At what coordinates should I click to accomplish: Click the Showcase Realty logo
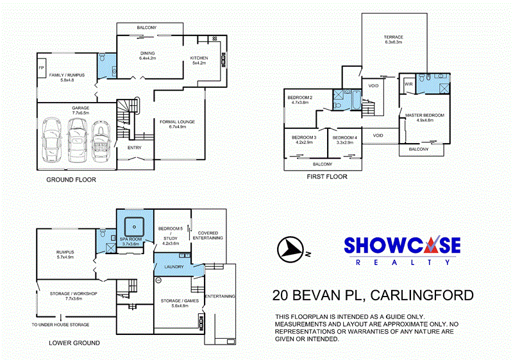(x=402, y=250)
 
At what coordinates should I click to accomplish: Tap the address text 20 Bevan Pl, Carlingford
(x=373, y=295)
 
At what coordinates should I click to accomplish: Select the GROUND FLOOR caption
(x=71, y=180)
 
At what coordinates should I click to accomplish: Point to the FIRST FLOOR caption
(x=327, y=176)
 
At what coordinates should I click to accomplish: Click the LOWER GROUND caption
(x=74, y=343)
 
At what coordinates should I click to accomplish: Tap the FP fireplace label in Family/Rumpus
(x=41, y=67)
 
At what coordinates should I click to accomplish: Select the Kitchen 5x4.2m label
(x=199, y=60)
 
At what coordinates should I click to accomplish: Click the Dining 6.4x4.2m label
(x=148, y=56)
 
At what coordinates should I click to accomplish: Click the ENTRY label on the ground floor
(x=135, y=148)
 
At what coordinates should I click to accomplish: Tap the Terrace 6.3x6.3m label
(x=393, y=39)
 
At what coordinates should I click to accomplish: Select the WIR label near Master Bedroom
(x=408, y=84)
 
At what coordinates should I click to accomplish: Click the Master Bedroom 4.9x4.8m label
(x=424, y=117)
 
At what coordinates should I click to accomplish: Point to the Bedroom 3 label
(x=304, y=139)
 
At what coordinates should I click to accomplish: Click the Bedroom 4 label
(x=344, y=139)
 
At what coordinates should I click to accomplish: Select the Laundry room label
(x=174, y=267)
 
